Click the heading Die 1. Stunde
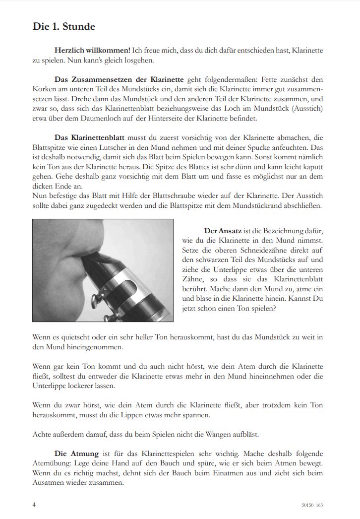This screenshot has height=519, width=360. click(63, 27)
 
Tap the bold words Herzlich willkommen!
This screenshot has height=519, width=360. click(92, 51)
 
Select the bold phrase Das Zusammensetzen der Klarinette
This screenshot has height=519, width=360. click(119, 79)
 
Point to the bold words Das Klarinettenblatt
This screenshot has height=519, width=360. click(89, 136)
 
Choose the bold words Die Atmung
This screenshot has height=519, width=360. click(77, 453)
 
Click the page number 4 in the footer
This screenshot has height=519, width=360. click(34, 505)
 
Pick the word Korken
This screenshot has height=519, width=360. click(44, 89)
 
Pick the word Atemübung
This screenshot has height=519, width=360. click(53, 462)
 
